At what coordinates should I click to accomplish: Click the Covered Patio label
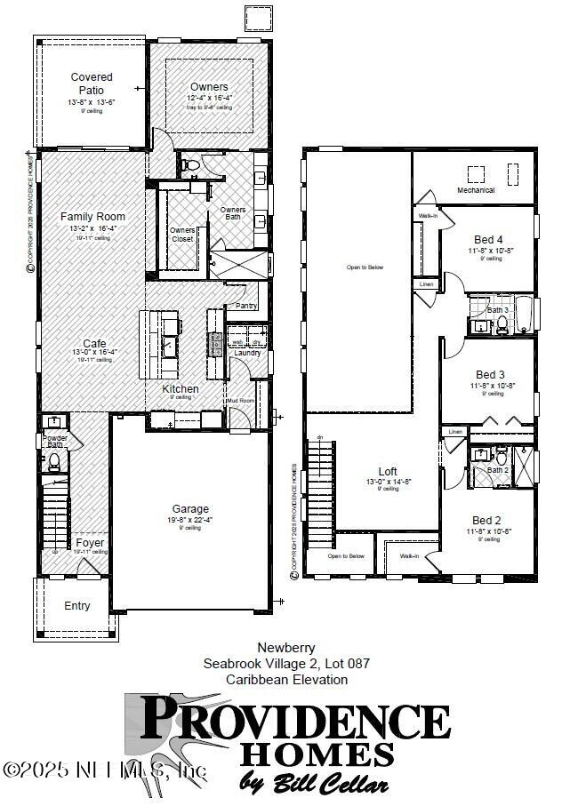coord(92,84)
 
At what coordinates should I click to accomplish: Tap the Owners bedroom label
coord(209,86)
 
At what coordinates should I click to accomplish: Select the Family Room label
coord(92,217)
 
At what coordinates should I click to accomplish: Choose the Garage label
coord(190,509)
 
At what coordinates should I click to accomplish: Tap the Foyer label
coord(90,542)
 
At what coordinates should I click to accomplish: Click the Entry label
coord(77,606)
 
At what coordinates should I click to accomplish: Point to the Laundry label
coord(246,353)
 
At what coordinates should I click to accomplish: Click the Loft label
coord(388,471)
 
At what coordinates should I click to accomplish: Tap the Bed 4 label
coord(488,239)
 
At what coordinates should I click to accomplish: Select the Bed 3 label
coord(490,374)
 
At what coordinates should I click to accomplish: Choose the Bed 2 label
coord(487,521)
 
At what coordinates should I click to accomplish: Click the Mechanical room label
coord(476,190)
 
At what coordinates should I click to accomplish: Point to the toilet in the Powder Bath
coord(54,459)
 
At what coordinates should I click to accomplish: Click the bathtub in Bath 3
coord(522,314)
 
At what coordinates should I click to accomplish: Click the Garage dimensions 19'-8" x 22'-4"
coord(190,520)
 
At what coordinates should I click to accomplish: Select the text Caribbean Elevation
coord(286,679)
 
